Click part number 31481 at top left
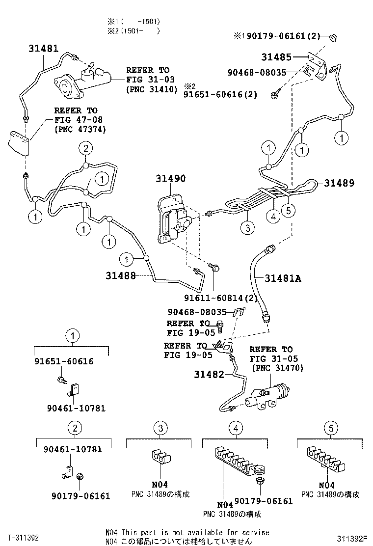click(43, 49)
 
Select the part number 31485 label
click(276, 57)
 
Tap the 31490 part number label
click(171, 179)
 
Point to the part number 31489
click(339, 183)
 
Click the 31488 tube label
click(120, 275)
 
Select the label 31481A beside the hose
click(283, 278)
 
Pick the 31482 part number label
click(209, 375)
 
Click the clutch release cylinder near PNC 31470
click(267, 396)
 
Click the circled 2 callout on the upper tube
click(85, 148)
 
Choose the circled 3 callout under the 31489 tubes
click(248, 227)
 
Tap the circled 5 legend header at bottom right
click(331, 429)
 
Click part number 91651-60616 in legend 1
click(64, 361)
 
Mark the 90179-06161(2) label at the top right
click(283, 36)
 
